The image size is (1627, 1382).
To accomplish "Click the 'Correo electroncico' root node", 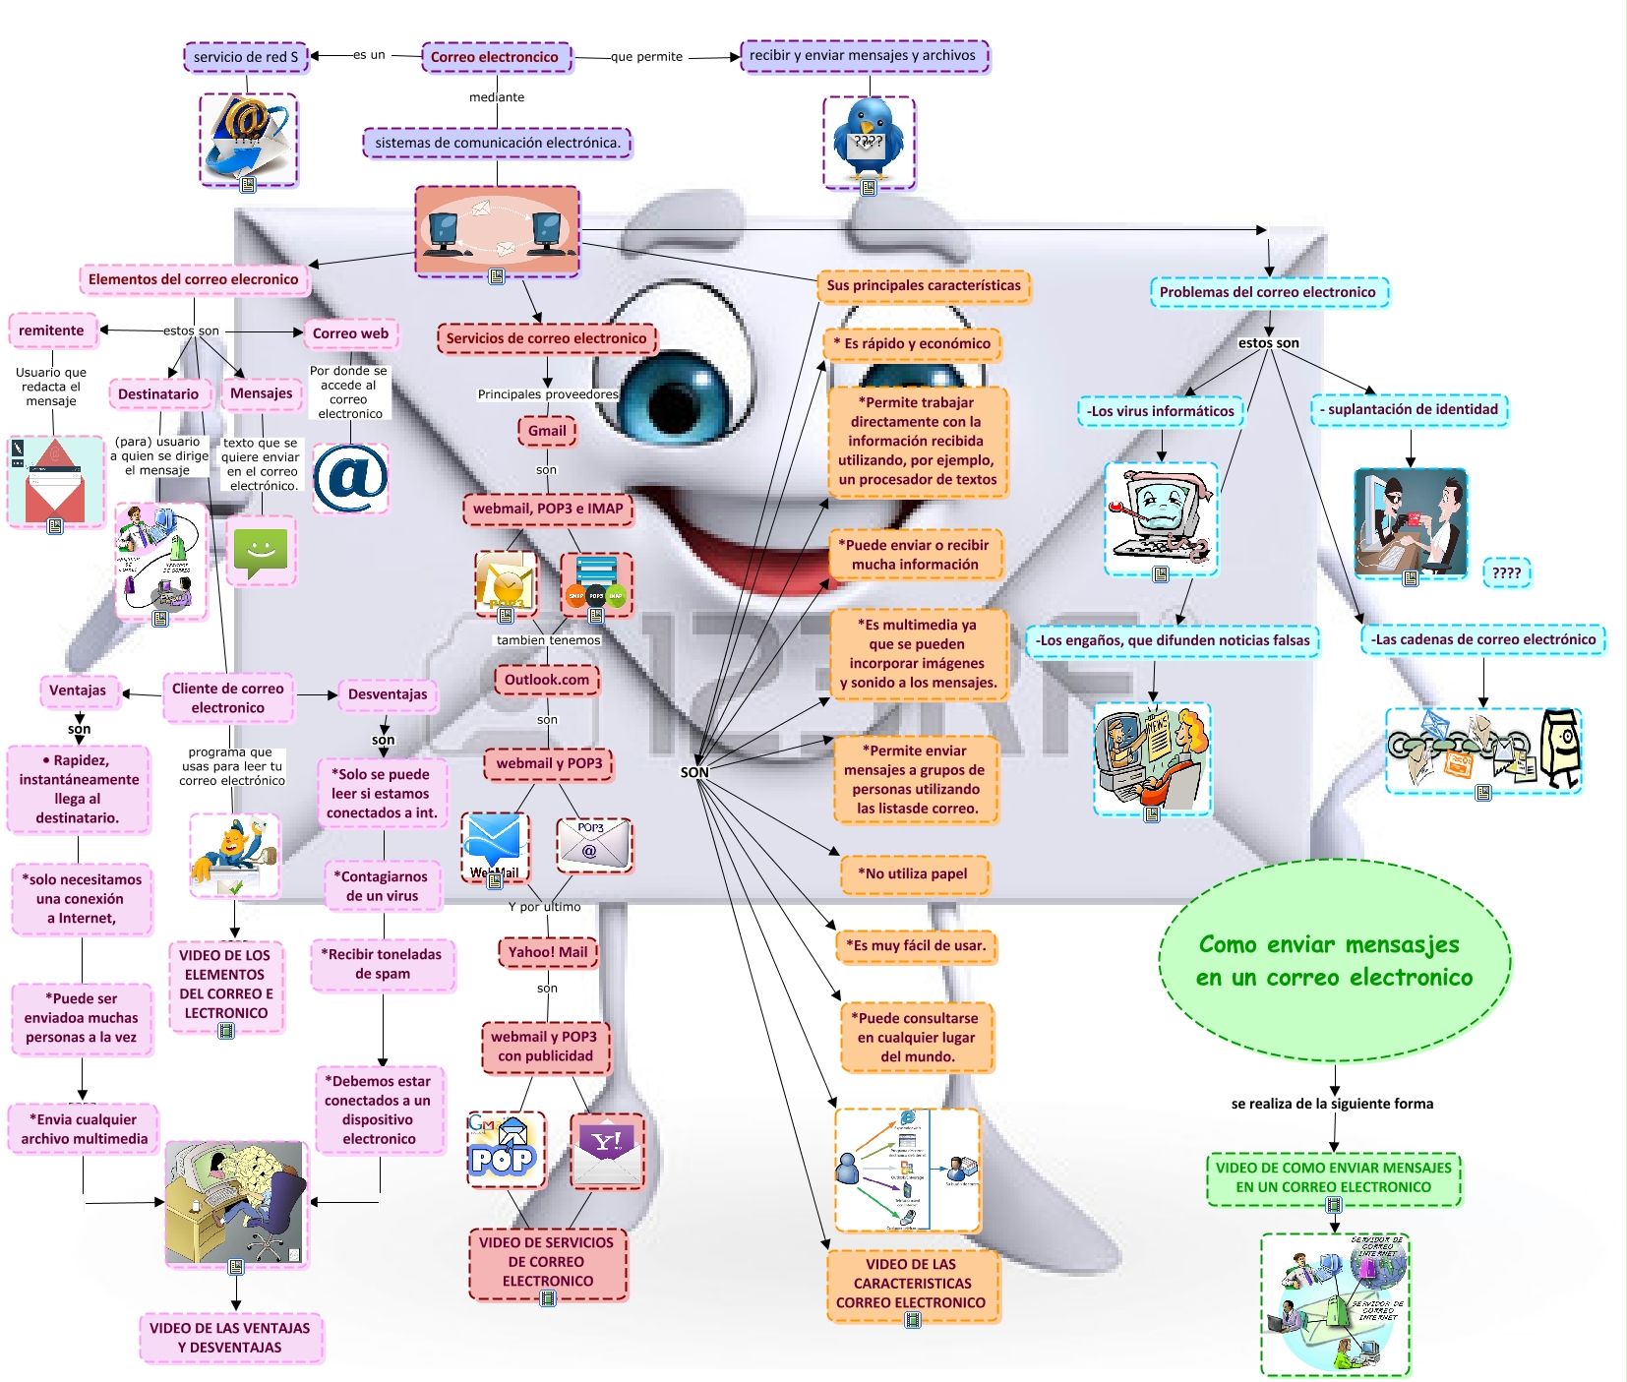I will coord(495,57).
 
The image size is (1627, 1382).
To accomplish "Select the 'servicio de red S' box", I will coord(246,57).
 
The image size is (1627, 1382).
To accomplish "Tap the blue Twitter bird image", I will coord(869,140).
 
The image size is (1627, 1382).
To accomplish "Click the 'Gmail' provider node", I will coord(547,431).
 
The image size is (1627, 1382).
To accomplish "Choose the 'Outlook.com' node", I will coord(547,680).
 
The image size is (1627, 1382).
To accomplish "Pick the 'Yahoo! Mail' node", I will coord(548,952).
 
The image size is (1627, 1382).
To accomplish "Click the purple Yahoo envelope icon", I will coord(607,1150).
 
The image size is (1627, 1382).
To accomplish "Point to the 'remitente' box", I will coord(51,330).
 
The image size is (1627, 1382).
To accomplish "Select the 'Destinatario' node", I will coord(158,394).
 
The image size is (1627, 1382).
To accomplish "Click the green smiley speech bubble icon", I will coord(261,552).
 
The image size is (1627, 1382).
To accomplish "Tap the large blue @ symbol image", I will coord(350,478).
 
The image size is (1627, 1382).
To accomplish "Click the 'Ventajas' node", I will coord(78,691).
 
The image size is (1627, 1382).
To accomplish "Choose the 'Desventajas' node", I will coord(388,694).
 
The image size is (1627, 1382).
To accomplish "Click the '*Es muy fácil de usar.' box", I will coord(916,946).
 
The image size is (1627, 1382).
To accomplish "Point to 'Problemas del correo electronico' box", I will coord(1267,292).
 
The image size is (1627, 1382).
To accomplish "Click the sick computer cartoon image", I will coord(1161,516).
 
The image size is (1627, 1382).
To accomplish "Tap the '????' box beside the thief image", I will coord(1506,572).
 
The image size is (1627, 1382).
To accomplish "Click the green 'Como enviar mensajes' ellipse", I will coord(1335,961).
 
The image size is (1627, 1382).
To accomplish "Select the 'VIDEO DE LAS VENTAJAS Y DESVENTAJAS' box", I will coord(230,1338).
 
